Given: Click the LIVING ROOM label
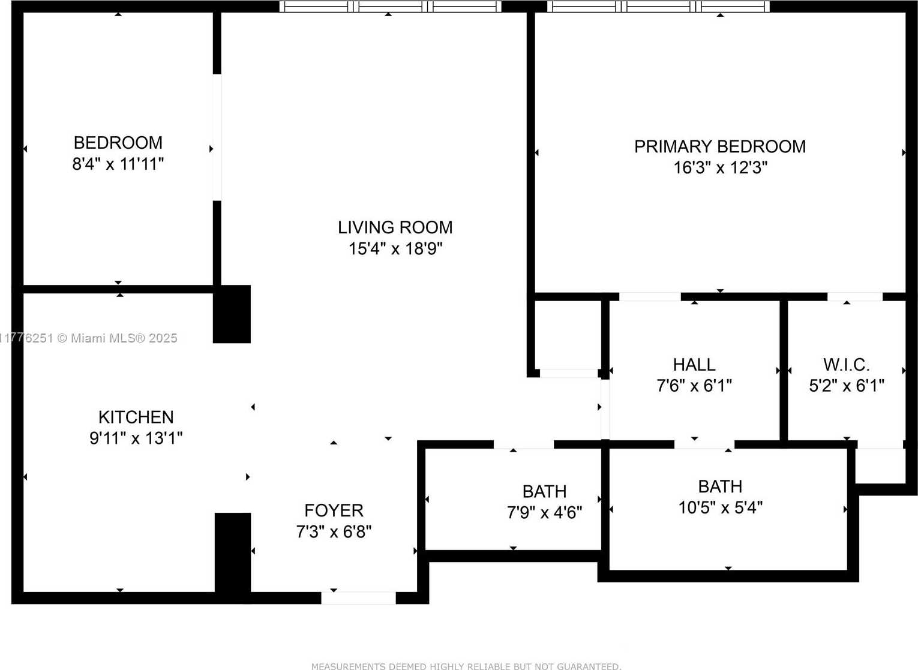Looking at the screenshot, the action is point(395,227).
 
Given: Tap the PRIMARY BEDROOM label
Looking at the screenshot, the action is point(720,146).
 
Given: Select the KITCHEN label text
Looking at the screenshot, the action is point(136,417).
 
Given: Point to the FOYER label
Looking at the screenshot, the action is point(334,510).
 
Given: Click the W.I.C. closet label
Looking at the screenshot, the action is point(846,364).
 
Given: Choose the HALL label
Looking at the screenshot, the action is point(694,364).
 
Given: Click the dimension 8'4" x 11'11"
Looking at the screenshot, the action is point(118,164).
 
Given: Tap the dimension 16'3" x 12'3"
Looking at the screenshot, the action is point(720,167).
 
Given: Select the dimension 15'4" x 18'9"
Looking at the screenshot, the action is point(395,249).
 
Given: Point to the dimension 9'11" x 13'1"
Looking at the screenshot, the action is point(136,438).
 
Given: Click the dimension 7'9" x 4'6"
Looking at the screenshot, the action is point(544,513).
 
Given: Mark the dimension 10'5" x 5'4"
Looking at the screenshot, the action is point(720,507).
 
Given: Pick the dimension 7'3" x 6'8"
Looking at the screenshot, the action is point(334,532).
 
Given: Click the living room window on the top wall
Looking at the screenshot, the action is point(390,6).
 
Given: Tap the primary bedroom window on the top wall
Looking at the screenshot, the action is point(658,6).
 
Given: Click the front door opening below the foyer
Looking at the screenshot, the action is point(358,598).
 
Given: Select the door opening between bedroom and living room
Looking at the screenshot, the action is point(217,137).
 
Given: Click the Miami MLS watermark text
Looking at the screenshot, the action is point(89,338).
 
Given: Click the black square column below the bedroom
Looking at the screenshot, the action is point(232,314).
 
